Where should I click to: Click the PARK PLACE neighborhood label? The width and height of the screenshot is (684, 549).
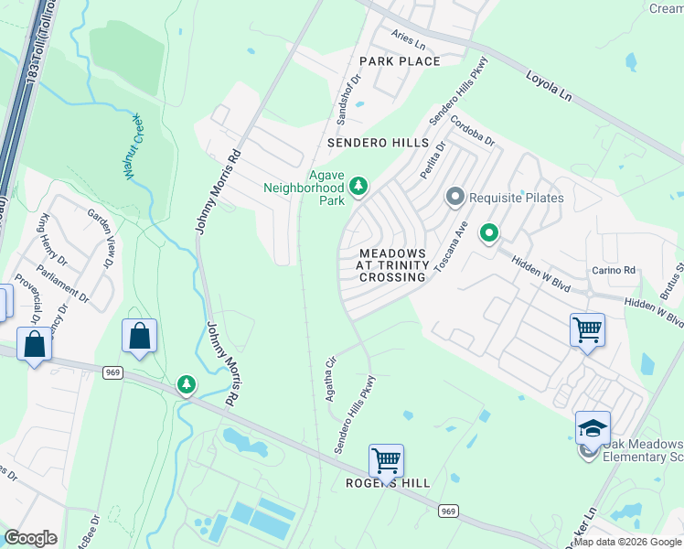pyautogui.click(x=400, y=61)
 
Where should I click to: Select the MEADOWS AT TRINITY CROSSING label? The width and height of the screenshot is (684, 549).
pyautogui.click(x=392, y=264)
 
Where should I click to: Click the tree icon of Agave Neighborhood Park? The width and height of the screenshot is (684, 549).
pyautogui.click(x=359, y=187)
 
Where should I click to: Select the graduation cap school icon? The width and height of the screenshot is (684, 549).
pyautogui.click(x=592, y=427)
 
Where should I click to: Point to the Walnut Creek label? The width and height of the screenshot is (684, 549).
pyautogui.click(x=133, y=147)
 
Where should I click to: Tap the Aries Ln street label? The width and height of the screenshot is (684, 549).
pyautogui.click(x=409, y=43)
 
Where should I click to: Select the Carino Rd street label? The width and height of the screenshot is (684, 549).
pyautogui.click(x=614, y=271)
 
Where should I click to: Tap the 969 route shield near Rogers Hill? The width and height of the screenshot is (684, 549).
pyautogui.click(x=447, y=510)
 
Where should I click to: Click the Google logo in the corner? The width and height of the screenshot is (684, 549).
pyautogui.click(x=30, y=538)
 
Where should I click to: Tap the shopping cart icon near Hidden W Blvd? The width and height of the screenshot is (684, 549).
pyautogui.click(x=586, y=329)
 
